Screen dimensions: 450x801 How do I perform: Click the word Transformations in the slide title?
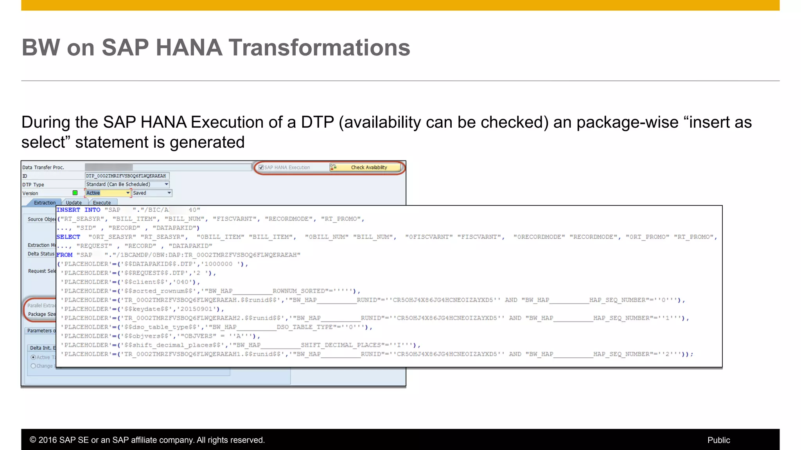[319, 48]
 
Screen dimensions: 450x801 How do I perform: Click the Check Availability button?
[368, 168]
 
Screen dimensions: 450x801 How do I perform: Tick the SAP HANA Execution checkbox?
[261, 168]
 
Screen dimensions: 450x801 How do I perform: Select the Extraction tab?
[44, 203]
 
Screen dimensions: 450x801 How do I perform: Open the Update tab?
[74, 203]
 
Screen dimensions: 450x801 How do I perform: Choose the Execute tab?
[102, 203]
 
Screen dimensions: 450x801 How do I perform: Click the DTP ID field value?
[126, 176]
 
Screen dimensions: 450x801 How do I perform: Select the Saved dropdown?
[151, 193]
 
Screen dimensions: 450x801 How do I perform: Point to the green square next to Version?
[75, 193]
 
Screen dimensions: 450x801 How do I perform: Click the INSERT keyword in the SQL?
[68, 210]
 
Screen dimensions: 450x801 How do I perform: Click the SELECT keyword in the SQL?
[68, 237]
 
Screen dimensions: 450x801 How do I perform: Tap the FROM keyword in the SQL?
[65, 255]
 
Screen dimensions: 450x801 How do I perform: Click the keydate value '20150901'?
[196, 309]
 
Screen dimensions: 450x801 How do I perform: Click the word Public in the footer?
[718, 440]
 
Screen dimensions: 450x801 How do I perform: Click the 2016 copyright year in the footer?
[47, 440]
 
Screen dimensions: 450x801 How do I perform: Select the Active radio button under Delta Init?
[33, 357]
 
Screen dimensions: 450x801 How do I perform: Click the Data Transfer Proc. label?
[43, 168]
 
